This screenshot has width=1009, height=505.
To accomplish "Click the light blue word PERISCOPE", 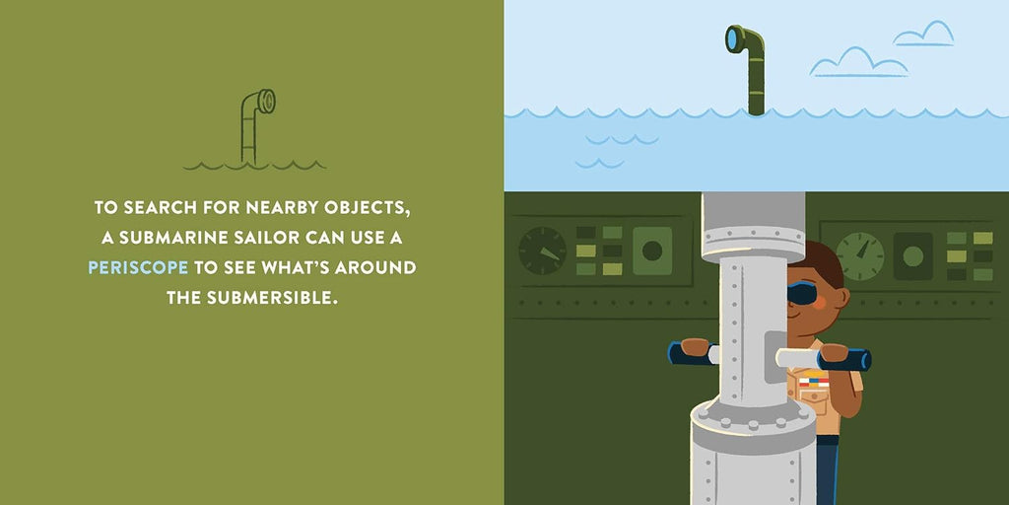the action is [x=138, y=267].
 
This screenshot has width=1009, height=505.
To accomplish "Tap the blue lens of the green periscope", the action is [x=732, y=39].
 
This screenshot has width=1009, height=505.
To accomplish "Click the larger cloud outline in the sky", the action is [x=858, y=62].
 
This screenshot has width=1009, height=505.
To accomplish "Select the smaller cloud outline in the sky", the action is [x=923, y=34].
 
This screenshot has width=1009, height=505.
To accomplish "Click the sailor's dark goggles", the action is [x=802, y=294].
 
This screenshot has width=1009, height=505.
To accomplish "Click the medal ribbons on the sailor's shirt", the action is [x=813, y=382].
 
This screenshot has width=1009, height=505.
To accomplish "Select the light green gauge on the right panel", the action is [x=859, y=255].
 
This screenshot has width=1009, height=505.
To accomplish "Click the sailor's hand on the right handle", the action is [x=834, y=352].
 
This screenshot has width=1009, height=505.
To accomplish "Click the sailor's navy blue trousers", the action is [x=828, y=470].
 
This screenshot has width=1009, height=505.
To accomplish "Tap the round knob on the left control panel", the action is [x=652, y=251].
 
